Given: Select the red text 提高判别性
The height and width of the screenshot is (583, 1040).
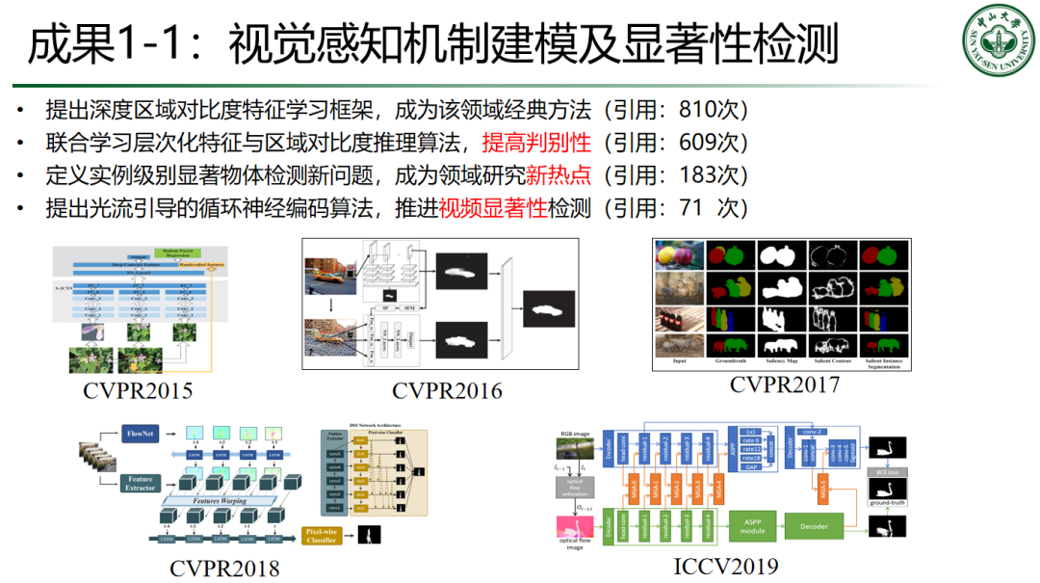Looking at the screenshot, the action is click(535, 143).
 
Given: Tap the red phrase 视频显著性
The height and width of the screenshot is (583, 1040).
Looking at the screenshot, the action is click(492, 208).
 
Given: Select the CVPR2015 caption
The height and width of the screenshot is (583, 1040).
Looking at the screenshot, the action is click(138, 389).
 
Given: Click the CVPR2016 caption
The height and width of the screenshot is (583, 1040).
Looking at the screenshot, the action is click(446, 389).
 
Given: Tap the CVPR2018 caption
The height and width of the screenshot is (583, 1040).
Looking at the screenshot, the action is click(224, 568).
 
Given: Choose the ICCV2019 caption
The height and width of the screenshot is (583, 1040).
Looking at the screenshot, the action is click(725, 565).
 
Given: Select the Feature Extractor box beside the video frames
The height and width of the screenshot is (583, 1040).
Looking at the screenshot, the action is click(139, 484).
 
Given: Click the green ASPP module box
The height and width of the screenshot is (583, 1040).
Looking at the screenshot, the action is click(752, 525).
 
